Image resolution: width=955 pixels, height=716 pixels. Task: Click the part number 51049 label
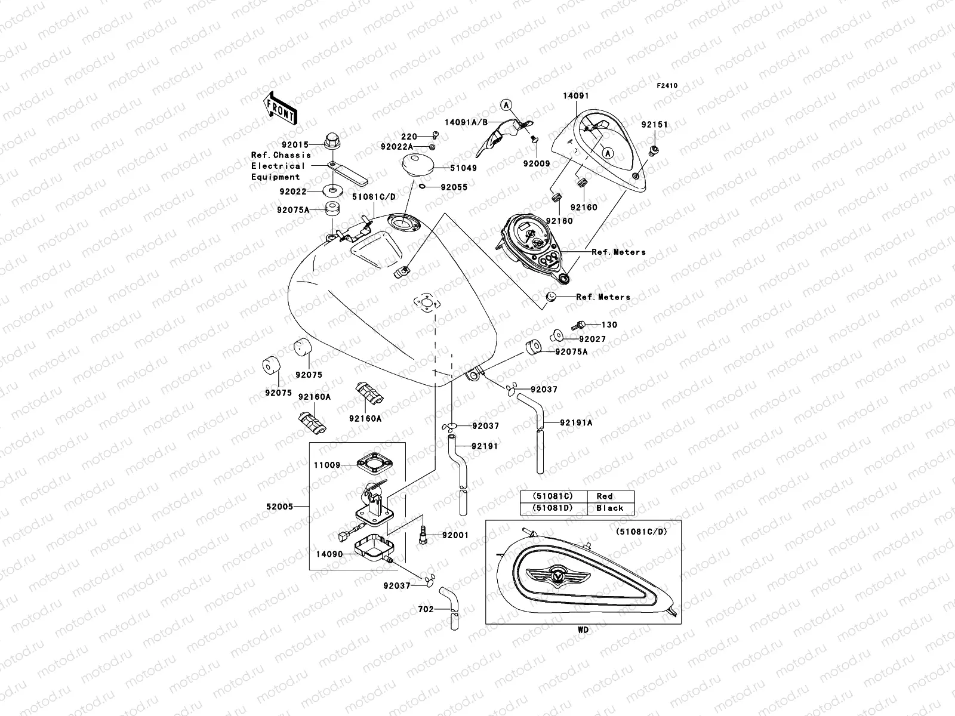pyautogui.click(x=463, y=168)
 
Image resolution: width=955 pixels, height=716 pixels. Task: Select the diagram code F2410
pyautogui.click(x=667, y=86)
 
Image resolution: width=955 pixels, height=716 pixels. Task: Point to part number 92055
pyautogui.click(x=454, y=187)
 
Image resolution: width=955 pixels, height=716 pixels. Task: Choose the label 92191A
pyautogui.click(x=575, y=422)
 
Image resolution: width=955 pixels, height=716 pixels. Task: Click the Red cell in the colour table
pyautogui.click(x=604, y=496)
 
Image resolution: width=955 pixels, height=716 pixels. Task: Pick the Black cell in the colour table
pyautogui.click(x=609, y=508)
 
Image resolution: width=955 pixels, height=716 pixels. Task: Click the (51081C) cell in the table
pyautogui.click(x=553, y=496)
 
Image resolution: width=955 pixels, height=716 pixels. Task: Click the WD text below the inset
pyautogui.click(x=583, y=630)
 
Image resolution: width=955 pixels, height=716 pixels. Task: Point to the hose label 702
pyautogui.click(x=426, y=610)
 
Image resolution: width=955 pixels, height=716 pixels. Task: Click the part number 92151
pyautogui.click(x=655, y=125)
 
